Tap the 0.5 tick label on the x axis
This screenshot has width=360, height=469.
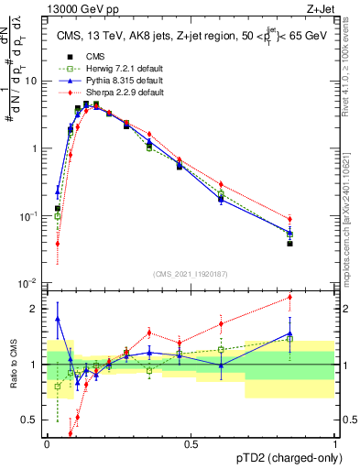click(191, 444)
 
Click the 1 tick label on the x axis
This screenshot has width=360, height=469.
click(335, 444)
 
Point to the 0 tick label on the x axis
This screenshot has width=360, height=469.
click(47, 444)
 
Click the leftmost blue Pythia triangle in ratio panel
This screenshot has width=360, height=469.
click(58, 319)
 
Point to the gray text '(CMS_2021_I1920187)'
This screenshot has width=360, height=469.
click(191, 273)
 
